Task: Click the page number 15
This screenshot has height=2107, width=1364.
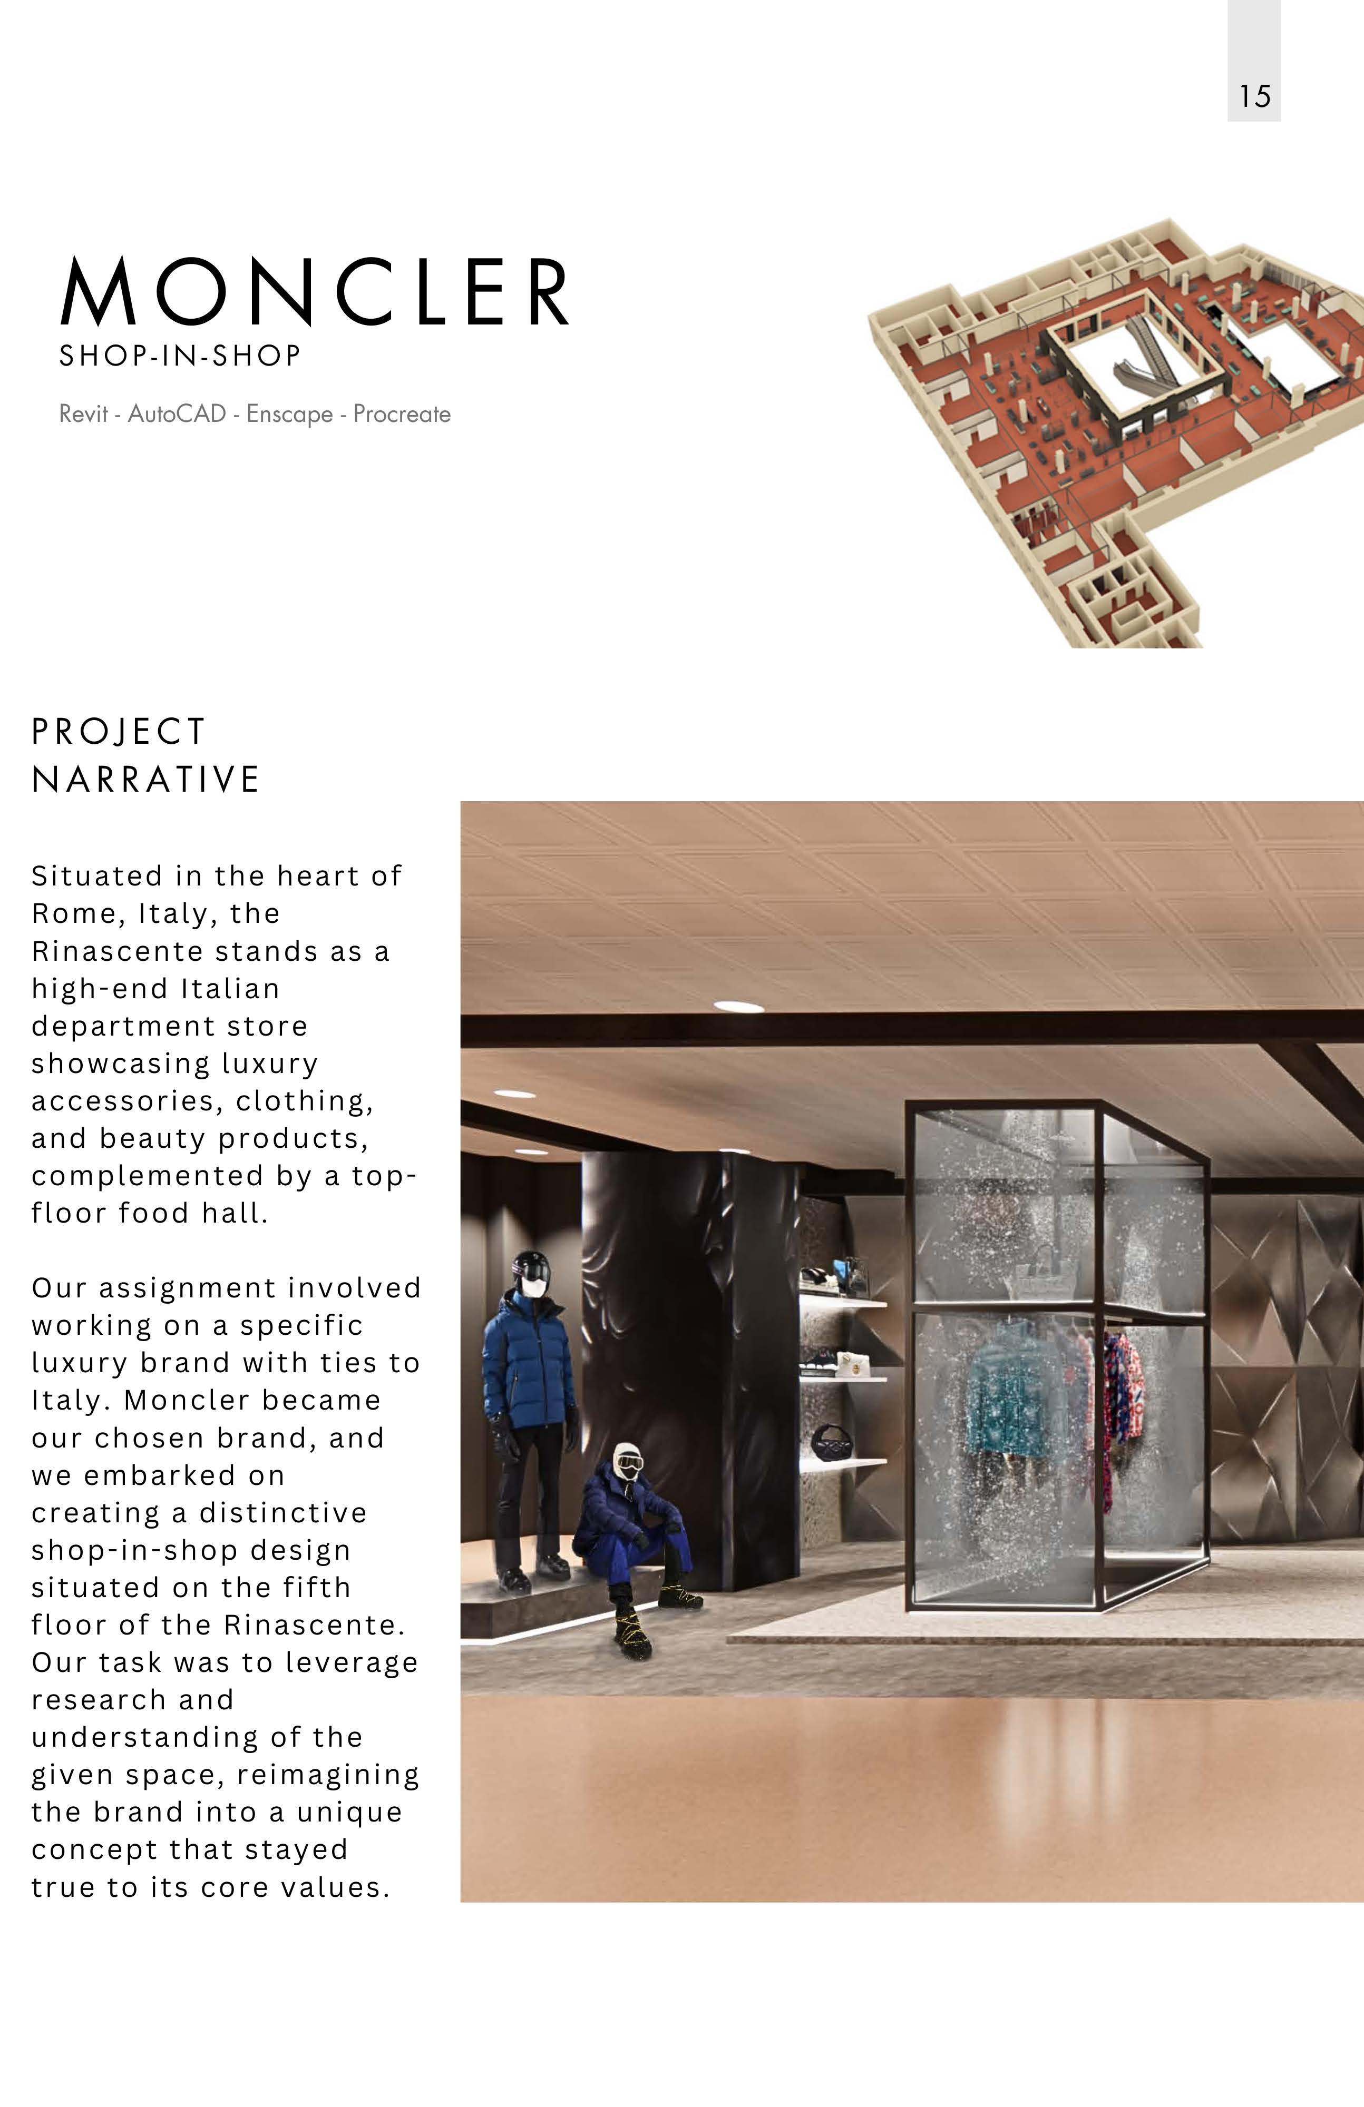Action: (x=1254, y=96)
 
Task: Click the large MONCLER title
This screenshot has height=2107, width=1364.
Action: (x=315, y=292)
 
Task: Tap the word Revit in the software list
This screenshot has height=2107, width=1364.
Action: (x=83, y=415)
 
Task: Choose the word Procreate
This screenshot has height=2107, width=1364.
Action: (x=402, y=415)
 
